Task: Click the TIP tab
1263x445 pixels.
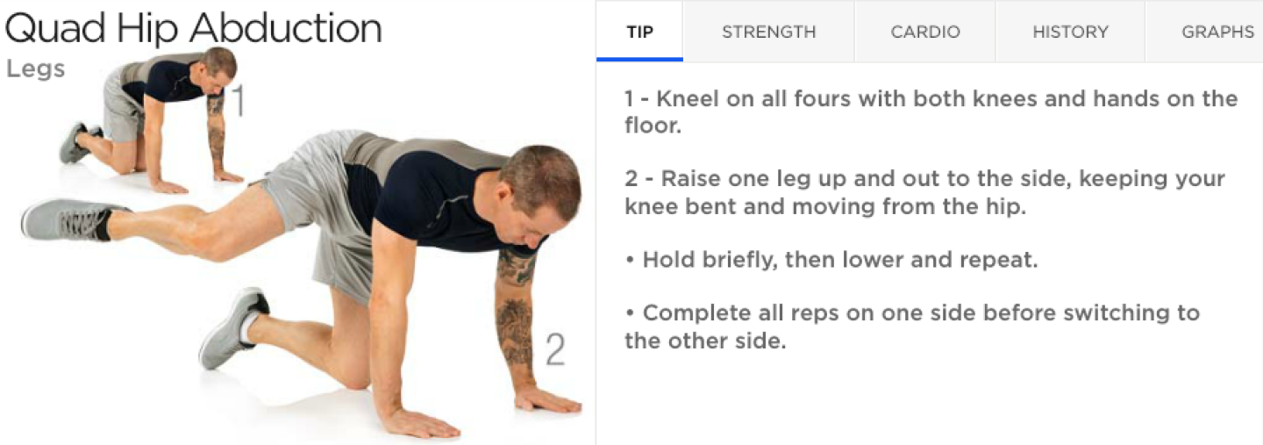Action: point(639,32)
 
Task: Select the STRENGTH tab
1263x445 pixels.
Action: point(768,32)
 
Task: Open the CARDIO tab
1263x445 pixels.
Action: point(925,32)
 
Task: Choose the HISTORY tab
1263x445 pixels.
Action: point(1070,32)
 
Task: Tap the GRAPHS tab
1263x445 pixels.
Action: point(1217,32)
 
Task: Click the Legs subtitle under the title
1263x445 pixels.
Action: point(35,68)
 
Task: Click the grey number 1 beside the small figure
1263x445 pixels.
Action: point(238,101)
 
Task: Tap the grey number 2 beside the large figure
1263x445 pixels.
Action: point(554,349)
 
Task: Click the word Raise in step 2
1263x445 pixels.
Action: point(689,179)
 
